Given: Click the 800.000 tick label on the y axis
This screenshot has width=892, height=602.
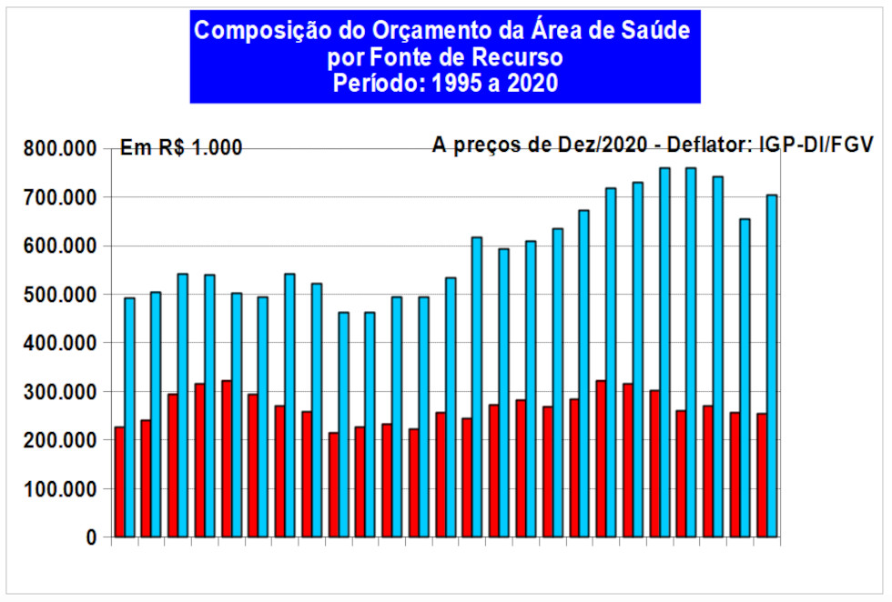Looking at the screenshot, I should click(56, 149).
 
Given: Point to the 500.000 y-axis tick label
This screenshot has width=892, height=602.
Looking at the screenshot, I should click(56, 295).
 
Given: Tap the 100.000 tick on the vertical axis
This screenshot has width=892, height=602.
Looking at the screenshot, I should click(56, 489).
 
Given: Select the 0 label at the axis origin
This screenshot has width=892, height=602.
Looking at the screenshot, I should click(91, 537).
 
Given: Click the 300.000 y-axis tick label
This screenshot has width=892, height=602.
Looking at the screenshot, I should click(56, 392).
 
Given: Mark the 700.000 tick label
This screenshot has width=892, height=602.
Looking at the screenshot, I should click(56, 197).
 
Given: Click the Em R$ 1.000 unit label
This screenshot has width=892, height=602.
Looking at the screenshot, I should click(181, 148).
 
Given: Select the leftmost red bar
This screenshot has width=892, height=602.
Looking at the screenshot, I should click(119, 482).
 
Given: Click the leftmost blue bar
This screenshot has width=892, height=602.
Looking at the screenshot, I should click(130, 417).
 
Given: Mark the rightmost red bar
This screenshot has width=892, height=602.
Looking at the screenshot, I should click(761, 475).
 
